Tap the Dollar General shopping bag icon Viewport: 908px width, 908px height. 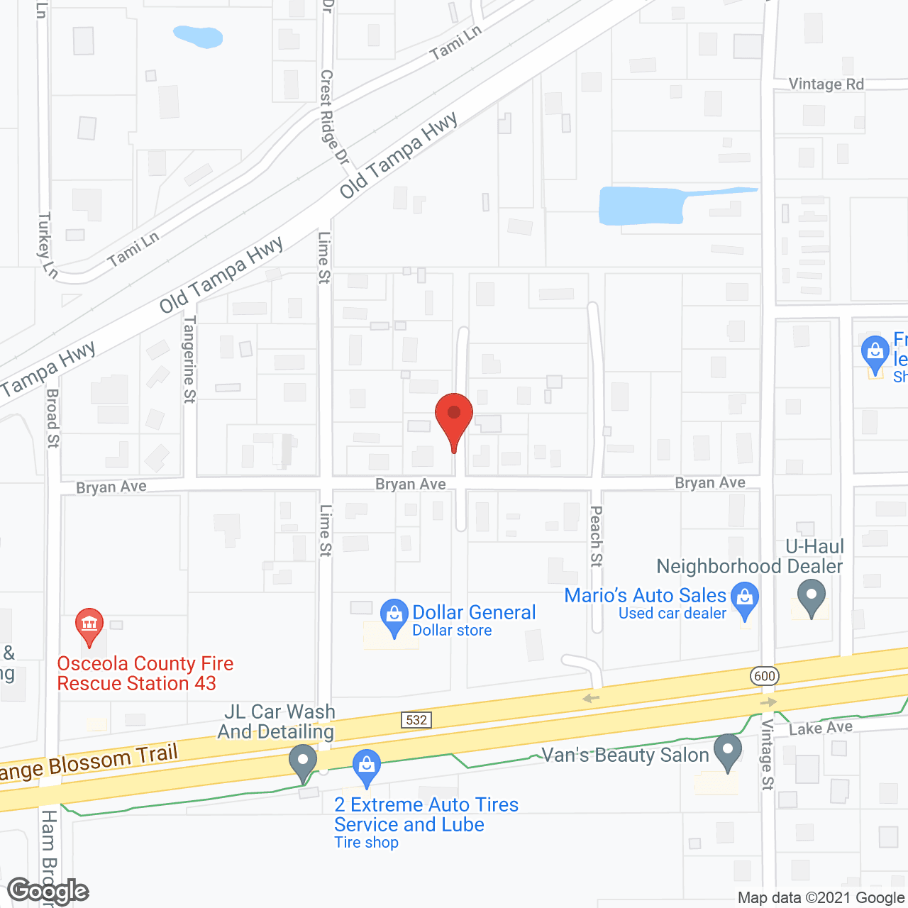(393, 616)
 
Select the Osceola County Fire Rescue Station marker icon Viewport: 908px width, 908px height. (89, 625)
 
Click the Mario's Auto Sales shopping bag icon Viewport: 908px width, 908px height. (745, 599)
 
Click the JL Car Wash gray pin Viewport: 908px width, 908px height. (303, 761)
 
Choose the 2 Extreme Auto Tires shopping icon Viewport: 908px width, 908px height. (367, 767)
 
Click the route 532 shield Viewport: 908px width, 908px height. (416, 720)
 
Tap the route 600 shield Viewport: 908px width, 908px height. (765, 675)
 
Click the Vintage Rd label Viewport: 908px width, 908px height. (826, 84)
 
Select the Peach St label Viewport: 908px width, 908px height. (596, 536)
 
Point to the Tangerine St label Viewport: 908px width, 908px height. (189, 359)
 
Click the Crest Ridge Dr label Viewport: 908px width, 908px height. (333, 117)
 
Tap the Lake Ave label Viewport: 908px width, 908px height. (821, 728)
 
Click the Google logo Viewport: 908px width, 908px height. (48, 890)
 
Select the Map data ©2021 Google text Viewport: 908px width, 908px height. (821, 897)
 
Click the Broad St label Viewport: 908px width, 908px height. (52, 418)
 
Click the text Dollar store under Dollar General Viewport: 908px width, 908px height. (452, 631)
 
